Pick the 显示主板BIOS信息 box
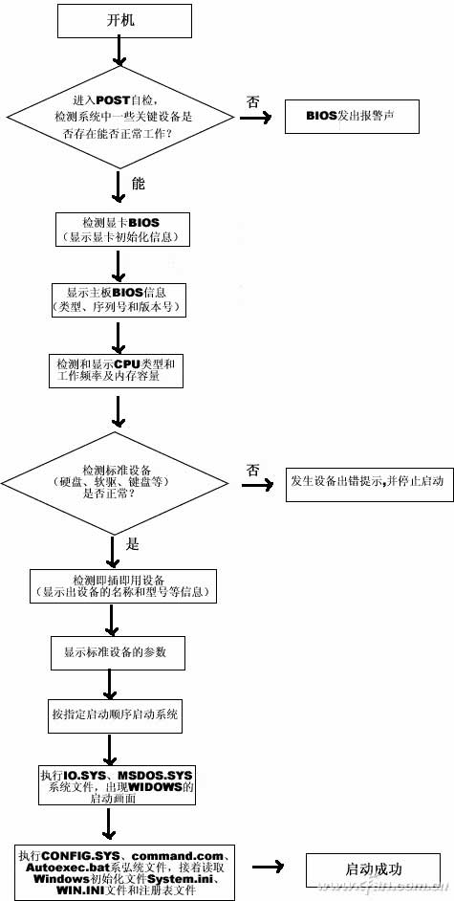116,299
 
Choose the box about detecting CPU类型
115,370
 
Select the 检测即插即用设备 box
122,587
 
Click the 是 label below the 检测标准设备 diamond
133,543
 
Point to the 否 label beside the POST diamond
252,99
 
